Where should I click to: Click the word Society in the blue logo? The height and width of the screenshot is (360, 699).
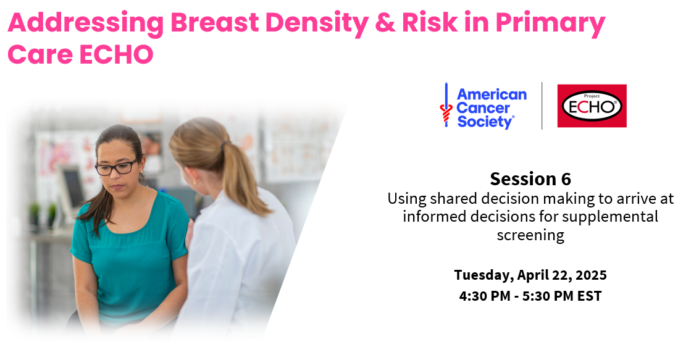point(485,121)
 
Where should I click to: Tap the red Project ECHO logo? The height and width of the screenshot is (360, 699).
point(592,106)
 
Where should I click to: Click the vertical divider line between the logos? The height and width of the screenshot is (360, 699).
point(542,106)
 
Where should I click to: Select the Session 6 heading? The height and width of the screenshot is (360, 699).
point(530,179)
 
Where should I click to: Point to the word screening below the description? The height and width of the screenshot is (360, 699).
point(530,235)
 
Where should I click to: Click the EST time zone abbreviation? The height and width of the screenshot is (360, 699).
point(589,296)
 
